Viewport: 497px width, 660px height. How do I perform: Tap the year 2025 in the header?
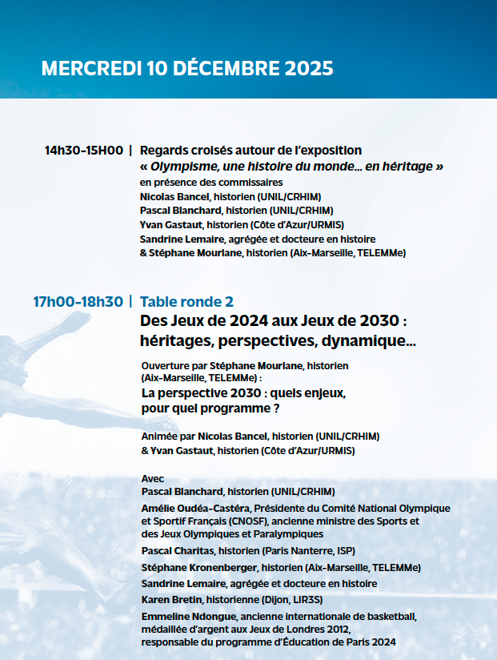point(307,68)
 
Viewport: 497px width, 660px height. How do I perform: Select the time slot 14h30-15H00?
point(84,151)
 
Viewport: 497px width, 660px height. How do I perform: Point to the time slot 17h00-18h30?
point(78,302)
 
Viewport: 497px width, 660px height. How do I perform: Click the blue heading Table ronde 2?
point(186,302)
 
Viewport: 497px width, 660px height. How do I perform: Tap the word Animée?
point(158,437)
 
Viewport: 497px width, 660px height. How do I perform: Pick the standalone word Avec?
point(152,478)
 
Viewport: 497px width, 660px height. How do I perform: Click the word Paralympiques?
point(286,533)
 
